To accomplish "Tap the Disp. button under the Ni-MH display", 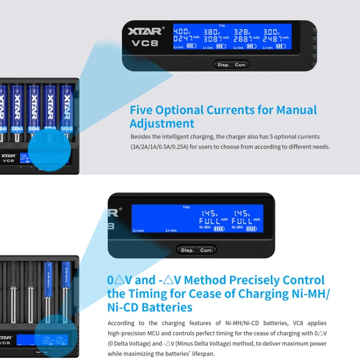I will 187,250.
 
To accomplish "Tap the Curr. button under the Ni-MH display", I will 206,250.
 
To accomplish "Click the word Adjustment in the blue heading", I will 162,123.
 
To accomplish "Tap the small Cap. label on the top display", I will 222,25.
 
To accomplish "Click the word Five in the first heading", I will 144,109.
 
